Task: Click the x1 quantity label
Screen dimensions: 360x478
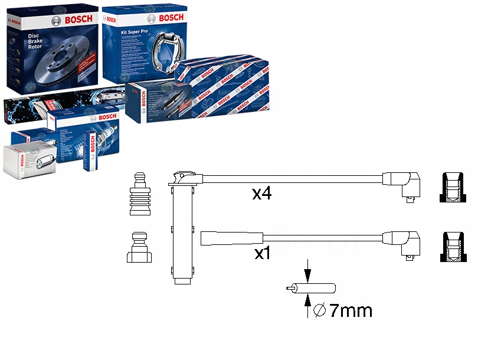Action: pyautogui.click(x=261, y=254)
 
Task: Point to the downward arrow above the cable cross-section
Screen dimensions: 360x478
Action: pyautogui.click(x=307, y=272)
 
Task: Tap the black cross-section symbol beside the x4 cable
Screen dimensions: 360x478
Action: pyautogui.click(x=451, y=188)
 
